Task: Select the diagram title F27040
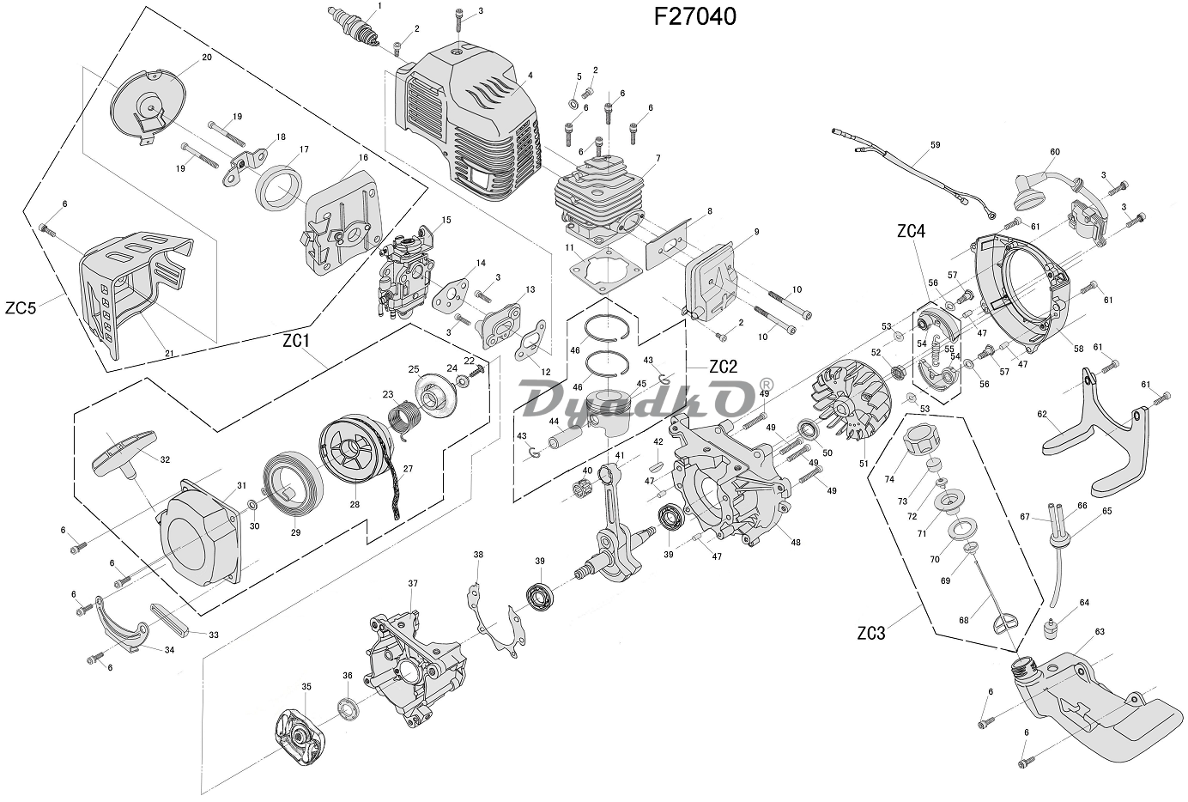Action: coord(694,16)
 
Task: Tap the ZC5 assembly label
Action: coord(21,307)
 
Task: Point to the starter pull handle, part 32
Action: coord(125,453)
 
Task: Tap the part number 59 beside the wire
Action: coord(935,145)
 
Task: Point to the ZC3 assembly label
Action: coord(871,634)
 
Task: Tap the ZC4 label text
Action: coord(911,231)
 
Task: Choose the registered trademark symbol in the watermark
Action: coord(767,384)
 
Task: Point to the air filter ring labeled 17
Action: coord(280,188)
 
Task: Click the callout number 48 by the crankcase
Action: coord(796,542)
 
